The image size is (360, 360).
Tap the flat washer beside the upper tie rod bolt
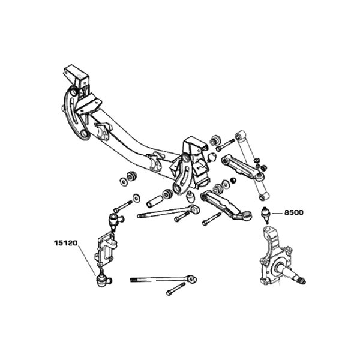(138, 196)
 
